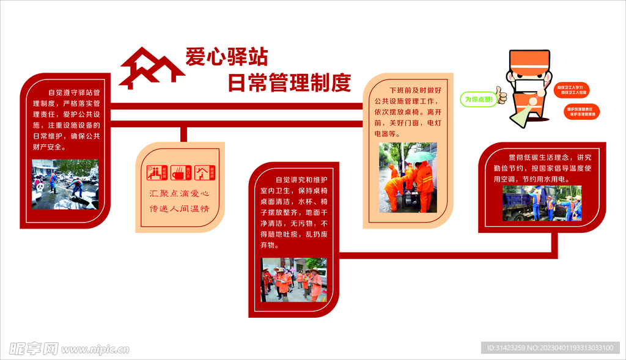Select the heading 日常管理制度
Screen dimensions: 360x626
point(289,82)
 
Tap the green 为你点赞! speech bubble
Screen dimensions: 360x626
point(478,99)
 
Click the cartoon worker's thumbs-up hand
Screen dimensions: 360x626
point(502,94)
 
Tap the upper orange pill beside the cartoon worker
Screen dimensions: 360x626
point(571,90)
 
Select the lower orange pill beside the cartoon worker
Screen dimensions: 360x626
point(582,112)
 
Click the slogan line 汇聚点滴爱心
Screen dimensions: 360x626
point(180,194)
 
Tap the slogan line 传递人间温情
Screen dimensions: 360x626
point(180,209)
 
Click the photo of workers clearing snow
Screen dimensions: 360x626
point(65,185)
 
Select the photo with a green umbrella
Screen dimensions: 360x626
point(408,177)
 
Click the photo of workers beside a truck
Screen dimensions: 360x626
point(542,203)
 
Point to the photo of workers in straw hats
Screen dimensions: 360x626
point(294,279)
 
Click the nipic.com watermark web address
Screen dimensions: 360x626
point(95,350)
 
